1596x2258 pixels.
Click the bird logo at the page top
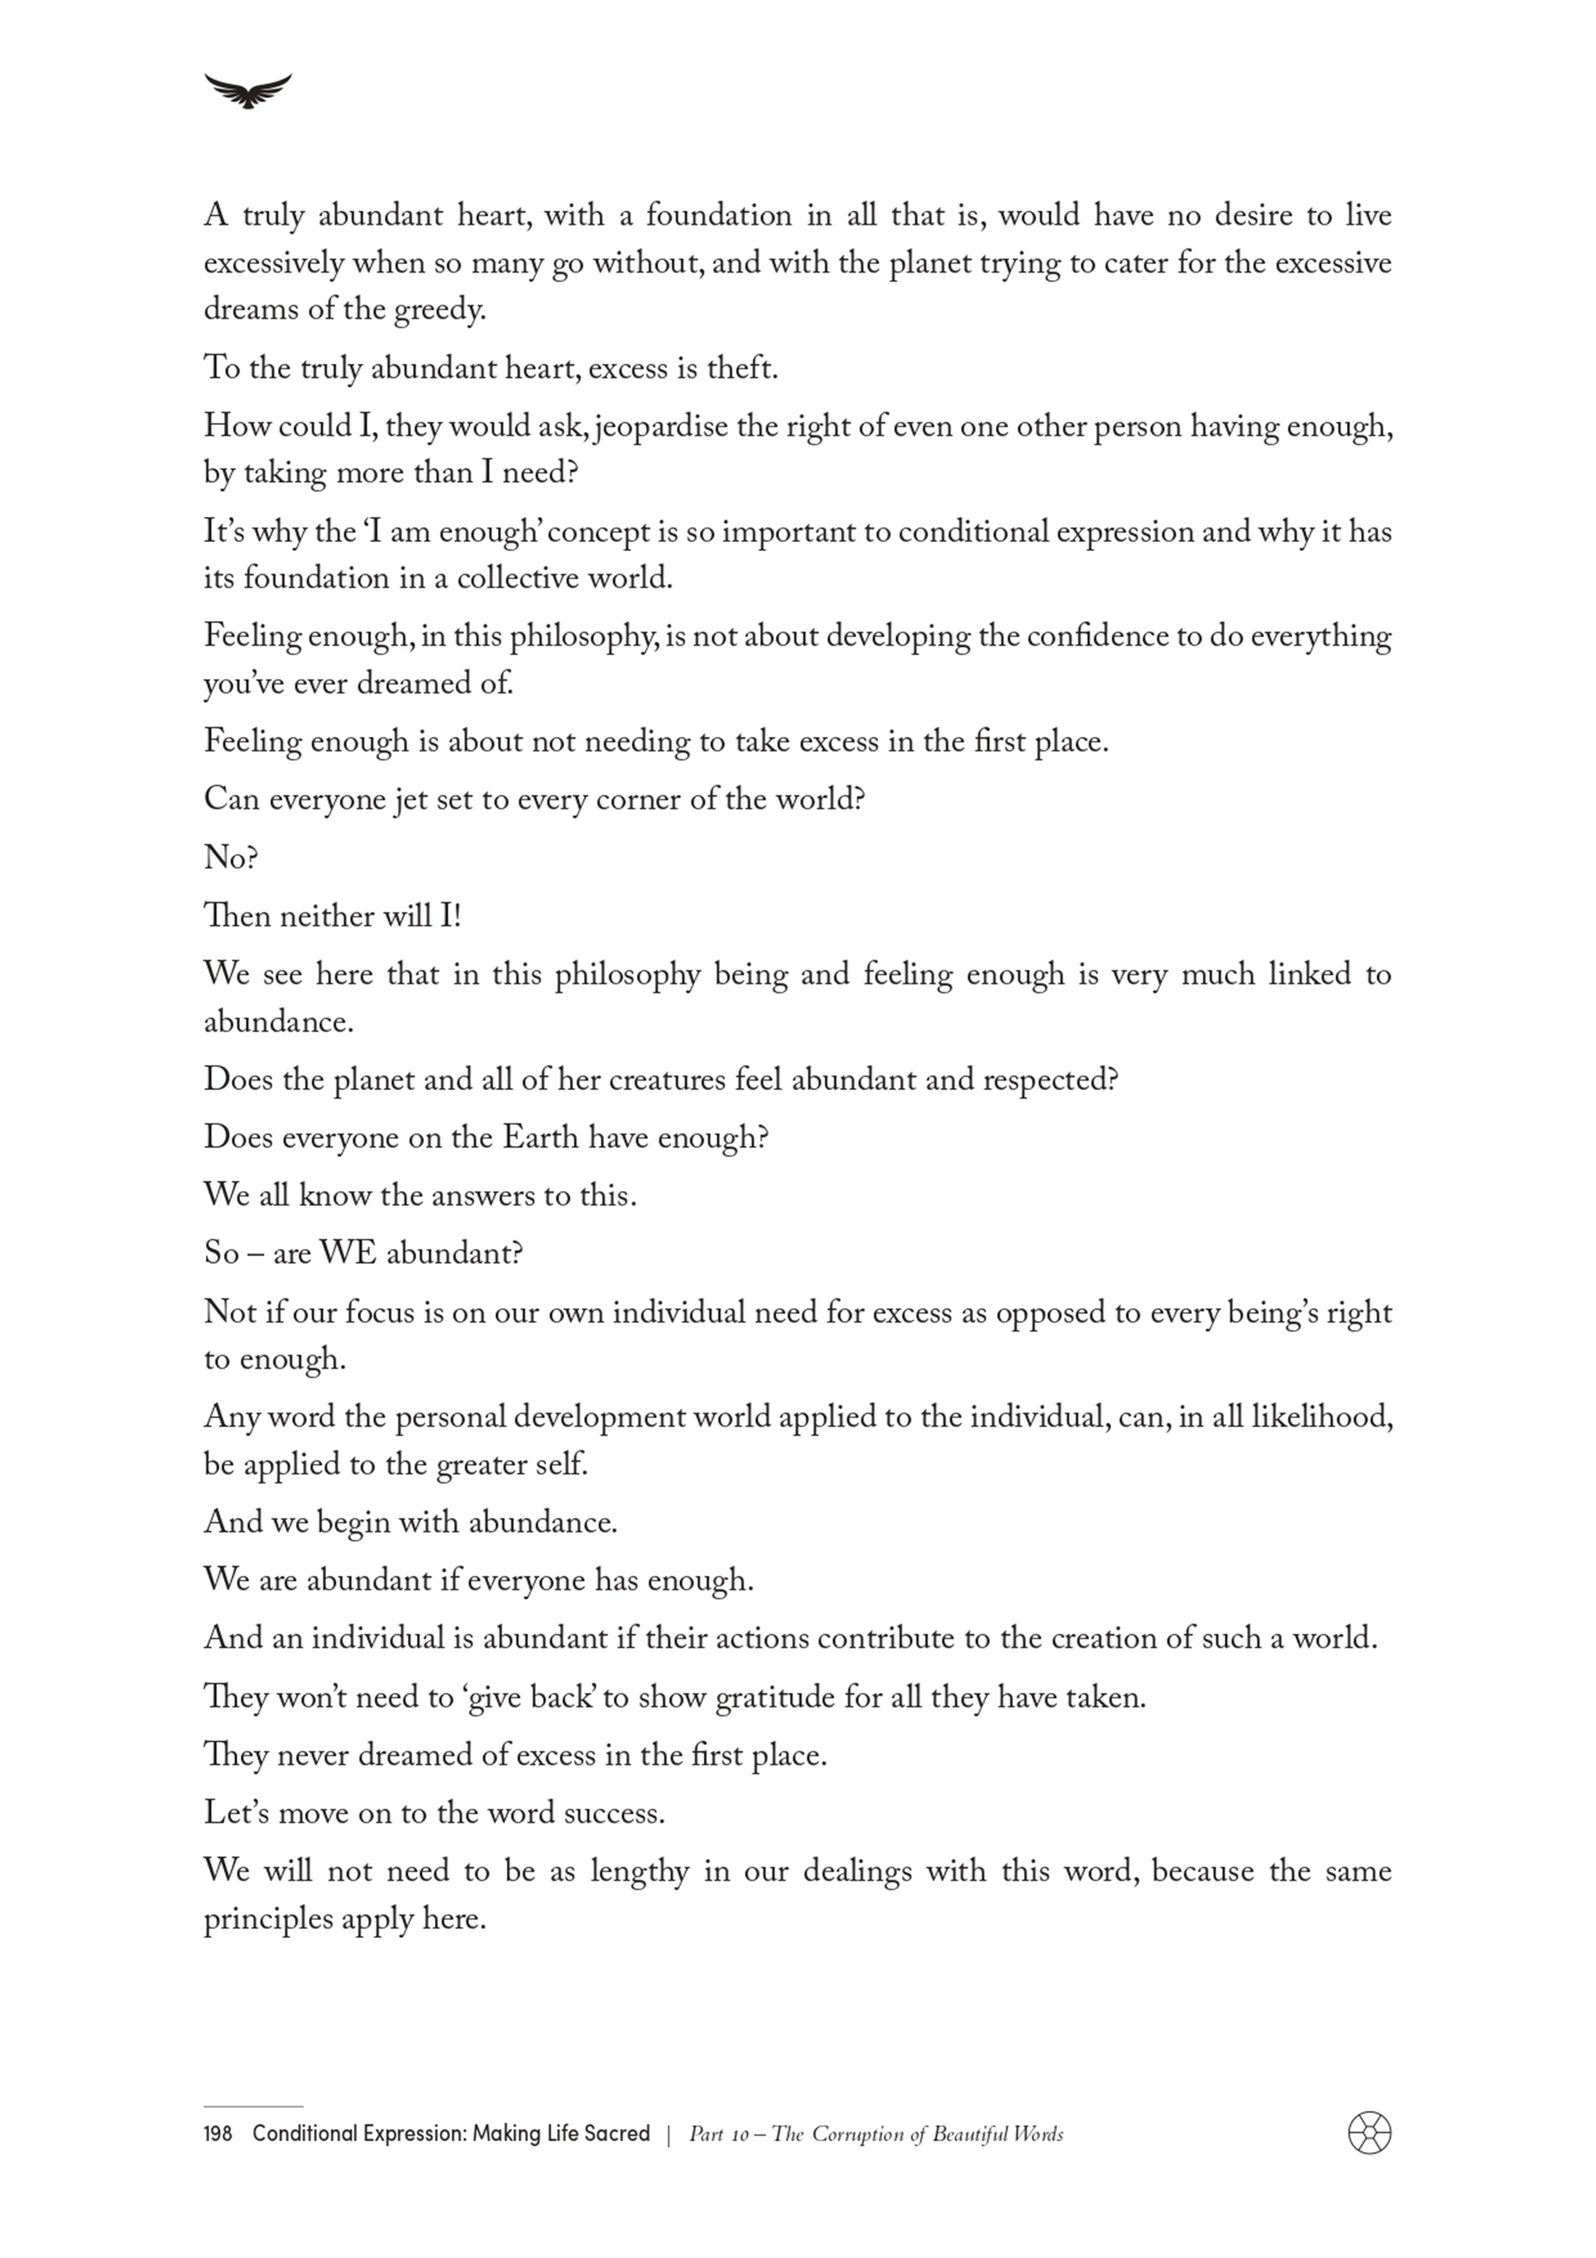248,90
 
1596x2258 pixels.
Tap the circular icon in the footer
1369,2133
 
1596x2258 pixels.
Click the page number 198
219,2134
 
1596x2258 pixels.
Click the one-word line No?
230,859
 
